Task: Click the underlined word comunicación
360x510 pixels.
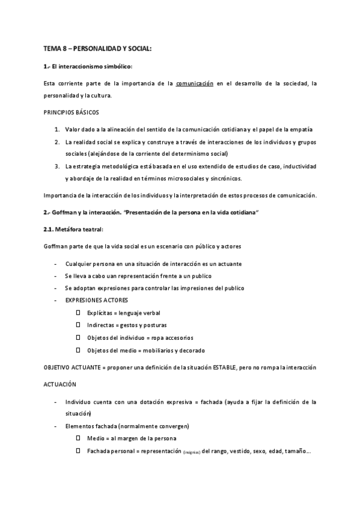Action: tap(195, 83)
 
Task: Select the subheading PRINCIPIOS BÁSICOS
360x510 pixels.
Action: tap(72, 112)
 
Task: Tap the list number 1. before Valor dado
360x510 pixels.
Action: tap(56, 130)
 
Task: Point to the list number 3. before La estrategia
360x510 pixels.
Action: tap(56, 166)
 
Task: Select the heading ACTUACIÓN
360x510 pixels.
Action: tap(63, 383)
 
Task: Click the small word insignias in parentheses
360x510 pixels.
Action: tap(192, 452)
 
